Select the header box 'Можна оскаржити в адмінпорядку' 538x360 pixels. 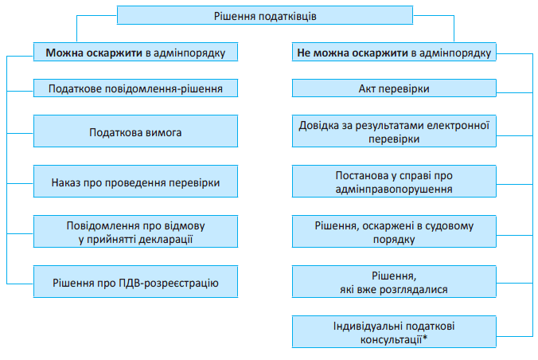click(x=136, y=54)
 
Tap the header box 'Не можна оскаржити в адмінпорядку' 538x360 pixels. click(x=394, y=54)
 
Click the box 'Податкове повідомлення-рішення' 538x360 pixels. click(x=136, y=87)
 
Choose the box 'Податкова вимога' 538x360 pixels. click(x=136, y=131)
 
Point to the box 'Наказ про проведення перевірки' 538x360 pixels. click(x=136, y=182)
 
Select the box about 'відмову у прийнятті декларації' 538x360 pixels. click(x=136, y=231)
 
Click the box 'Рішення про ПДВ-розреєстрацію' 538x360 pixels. click(x=136, y=281)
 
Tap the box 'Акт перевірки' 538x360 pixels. click(x=394, y=87)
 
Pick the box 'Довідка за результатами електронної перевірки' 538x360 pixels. click(x=394, y=131)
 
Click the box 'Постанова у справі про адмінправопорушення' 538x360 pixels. click(x=394, y=182)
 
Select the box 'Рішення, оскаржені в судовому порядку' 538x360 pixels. click(x=394, y=231)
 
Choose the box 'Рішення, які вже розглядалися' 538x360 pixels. click(x=394, y=281)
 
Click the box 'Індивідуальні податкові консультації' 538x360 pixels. click(x=394, y=331)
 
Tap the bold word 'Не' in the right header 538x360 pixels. click(x=304, y=54)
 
